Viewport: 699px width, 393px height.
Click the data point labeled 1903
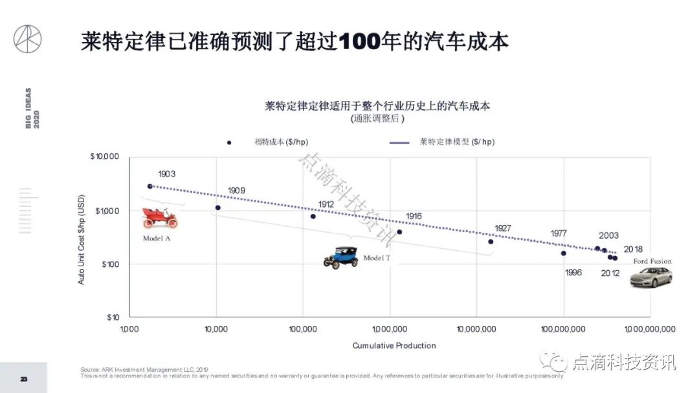[150, 186]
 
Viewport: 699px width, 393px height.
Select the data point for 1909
[218, 207]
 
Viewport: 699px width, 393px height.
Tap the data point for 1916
[399, 232]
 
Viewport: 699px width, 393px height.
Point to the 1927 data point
[491, 242]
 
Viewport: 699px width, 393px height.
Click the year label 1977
[559, 233]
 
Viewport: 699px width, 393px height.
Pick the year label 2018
[633, 250]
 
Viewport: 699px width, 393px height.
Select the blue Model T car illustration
[341, 257]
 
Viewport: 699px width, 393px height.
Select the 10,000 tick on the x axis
[216, 329]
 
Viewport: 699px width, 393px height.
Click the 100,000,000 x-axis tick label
[563, 329]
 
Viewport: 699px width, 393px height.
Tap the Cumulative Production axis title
[394, 346]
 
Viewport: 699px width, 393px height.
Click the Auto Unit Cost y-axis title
[82, 240]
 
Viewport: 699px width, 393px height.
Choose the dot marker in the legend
[229, 142]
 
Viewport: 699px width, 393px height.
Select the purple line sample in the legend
[399, 142]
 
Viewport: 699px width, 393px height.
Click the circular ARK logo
[28, 39]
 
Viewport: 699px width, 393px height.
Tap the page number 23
[23, 379]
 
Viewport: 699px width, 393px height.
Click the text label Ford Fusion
[652, 261]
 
